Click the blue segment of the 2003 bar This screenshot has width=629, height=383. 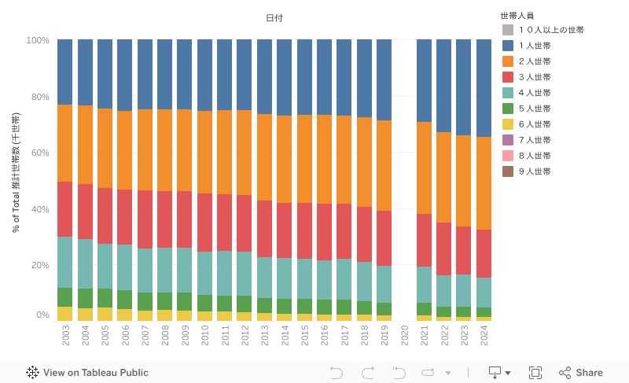pyautogui.click(x=65, y=72)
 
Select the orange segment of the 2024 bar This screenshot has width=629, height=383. pyautogui.click(x=484, y=183)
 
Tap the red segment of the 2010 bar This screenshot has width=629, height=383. pyautogui.click(x=205, y=223)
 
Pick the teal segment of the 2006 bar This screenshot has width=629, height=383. pyautogui.click(x=125, y=267)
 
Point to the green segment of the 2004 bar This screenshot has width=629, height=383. pyautogui.click(x=85, y=298)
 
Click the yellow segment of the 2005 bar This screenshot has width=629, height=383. pyautogui.click(x=105, y=314)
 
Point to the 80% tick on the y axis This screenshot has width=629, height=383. pyautogui.click(x=39, y=98)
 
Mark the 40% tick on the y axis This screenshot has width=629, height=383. pyautogui.click(x=39, y=209)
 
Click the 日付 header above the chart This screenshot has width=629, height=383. pyautogui.click(x=274, y=17)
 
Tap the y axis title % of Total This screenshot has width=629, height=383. pyautogui.click(x=17, y=173)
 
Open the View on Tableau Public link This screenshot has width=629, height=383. pyautogui.click(x=87, y=373)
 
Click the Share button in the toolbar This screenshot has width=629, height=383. pyautogui.click(x=581, y=373)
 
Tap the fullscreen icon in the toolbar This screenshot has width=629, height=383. pyautogui.click(x=535, y=373)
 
